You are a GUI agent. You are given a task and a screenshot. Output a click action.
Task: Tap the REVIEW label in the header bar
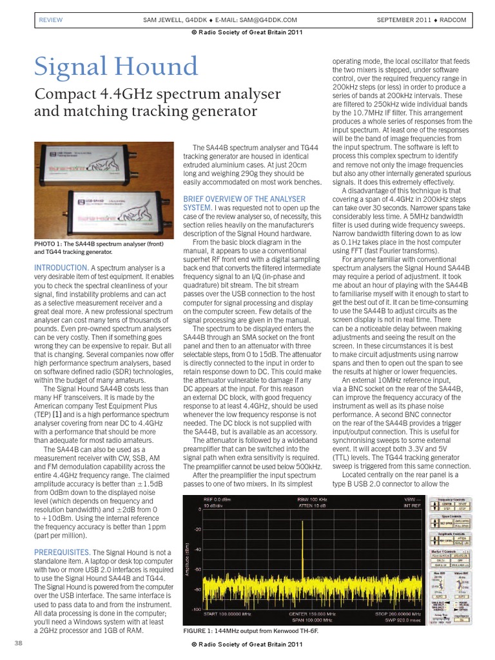(x=51, y=20)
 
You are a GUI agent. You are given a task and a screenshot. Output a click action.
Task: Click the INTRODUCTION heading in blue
(x=61, y=267)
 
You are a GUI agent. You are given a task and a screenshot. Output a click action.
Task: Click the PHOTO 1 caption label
(x=50, y=244)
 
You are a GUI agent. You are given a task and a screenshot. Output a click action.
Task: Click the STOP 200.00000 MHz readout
(x=383, y=614)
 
